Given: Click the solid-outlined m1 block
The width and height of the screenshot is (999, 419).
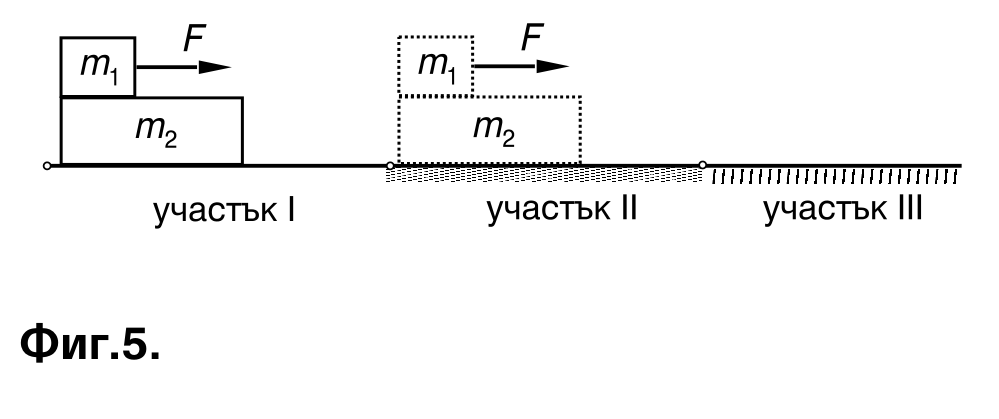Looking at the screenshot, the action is click(97, 67).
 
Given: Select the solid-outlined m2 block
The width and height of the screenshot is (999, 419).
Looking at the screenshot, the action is click(152, 131).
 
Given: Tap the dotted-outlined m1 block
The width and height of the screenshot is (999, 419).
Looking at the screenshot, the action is click(435, 66).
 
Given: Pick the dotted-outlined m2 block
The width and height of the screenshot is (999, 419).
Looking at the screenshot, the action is click(489, 130).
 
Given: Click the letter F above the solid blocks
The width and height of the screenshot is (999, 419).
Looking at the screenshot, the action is click(193, 38).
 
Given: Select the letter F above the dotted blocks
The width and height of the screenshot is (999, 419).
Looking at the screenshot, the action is click(531, 38).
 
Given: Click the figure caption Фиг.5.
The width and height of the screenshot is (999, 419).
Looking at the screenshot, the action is click(90, 343).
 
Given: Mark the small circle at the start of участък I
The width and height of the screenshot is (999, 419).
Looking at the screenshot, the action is click(47, 166).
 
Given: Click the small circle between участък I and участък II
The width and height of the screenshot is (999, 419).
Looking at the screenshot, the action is click(391, 166).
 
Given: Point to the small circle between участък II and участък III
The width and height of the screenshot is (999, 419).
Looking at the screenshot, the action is click(702, 165).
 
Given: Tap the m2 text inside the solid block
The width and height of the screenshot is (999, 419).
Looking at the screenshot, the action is click(156, 131).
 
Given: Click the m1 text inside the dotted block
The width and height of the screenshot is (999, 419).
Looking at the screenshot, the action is click(437, 65).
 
